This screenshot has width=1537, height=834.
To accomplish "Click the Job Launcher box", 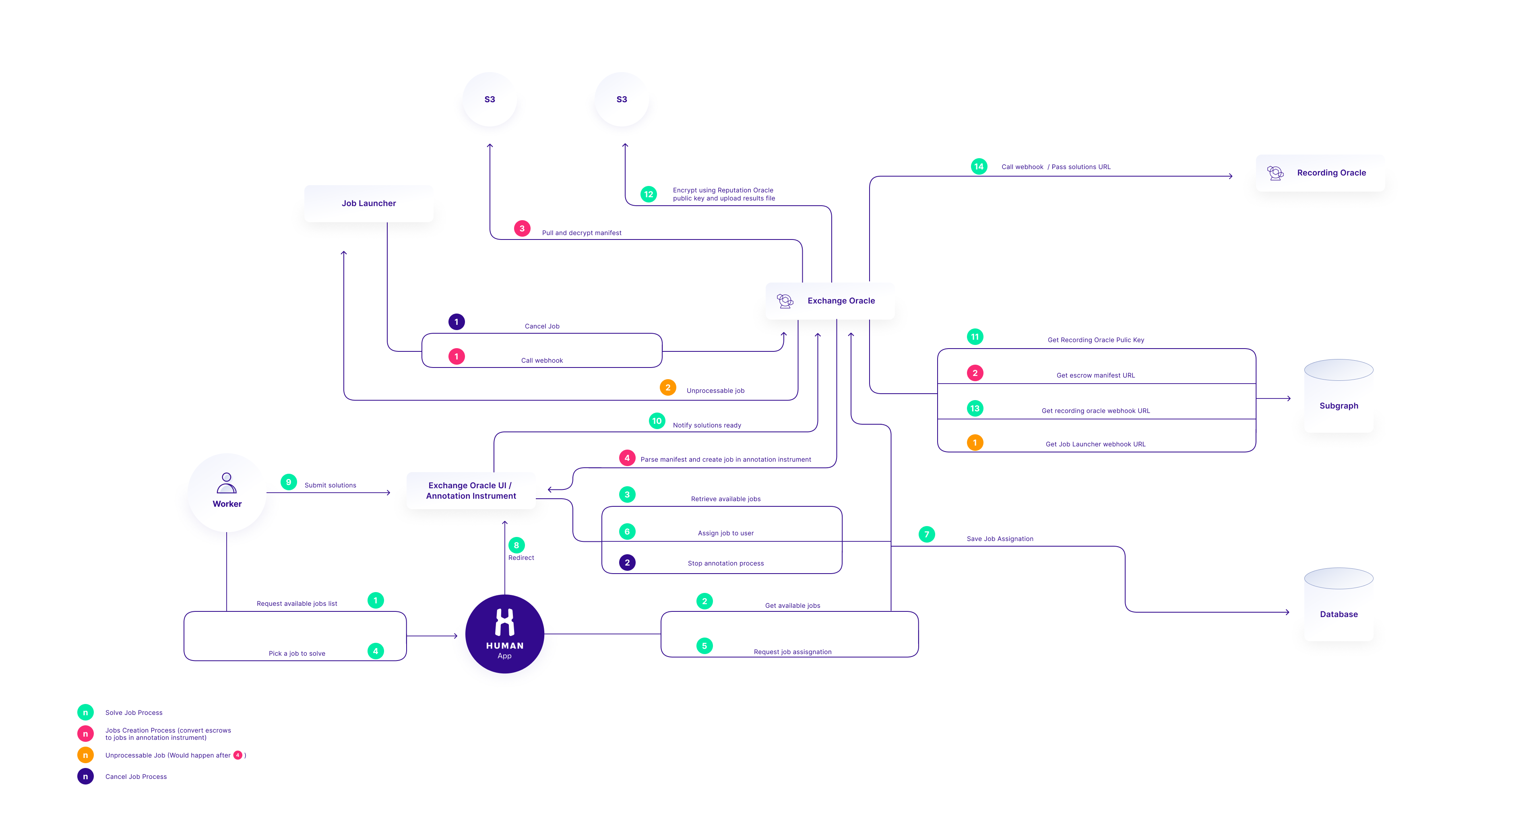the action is (x=369, y=203).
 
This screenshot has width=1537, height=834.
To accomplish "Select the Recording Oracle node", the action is (x=1320, y=173).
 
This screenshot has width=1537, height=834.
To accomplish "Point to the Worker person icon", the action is (x=227, y=483).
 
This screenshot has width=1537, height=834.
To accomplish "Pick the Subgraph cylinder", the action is (x=1338, y=396).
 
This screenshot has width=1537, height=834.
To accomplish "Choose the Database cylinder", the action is (x=1338, y=604).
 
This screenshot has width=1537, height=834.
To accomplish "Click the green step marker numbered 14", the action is (x=979, y=167).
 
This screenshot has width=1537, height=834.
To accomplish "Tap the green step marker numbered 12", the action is (x=649, y=194).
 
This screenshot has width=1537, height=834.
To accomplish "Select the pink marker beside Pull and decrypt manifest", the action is (x=522, y=229).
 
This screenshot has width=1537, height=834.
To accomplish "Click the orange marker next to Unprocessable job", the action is (x=668, y=387).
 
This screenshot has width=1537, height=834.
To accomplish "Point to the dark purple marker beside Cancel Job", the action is (x=457, y=322).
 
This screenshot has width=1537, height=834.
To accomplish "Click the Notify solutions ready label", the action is (x=707, y=425).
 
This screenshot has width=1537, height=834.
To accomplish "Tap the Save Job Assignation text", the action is (x=1000, y=539).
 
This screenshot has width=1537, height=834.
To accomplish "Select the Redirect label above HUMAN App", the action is (x=521, y=558).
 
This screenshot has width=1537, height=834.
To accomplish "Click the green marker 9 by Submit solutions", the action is (x=289, y=482).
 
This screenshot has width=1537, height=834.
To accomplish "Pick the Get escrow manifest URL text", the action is (x=1095, y=375).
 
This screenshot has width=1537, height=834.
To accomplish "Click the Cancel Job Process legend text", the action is (x=136, y=777).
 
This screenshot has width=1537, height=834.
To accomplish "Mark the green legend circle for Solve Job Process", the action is (x=85, y=712).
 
